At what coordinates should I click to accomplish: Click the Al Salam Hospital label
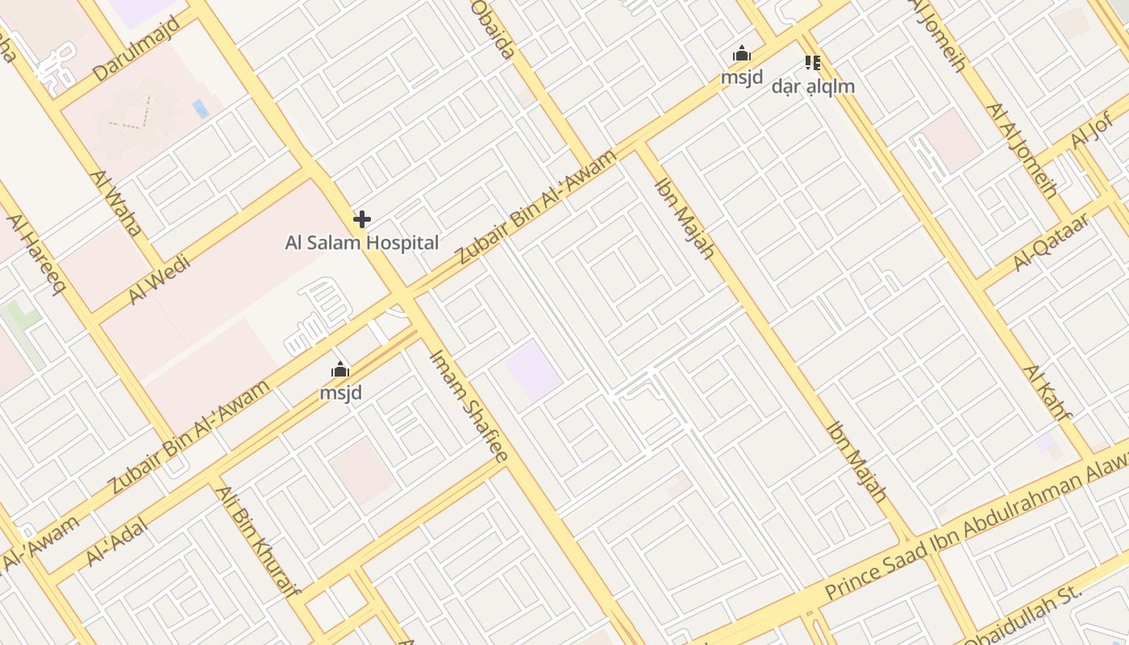click(x=362, y=243)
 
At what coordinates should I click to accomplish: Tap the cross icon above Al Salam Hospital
click(x=362, y=218)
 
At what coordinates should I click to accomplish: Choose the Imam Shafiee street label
click(x=469, y=405)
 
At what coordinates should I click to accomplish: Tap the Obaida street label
click(x=493, y=29)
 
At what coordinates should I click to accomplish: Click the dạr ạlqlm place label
click(x=813, y=86)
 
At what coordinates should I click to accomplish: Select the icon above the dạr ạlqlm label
click(x=813, y=62)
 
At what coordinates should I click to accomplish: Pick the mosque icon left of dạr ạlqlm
click(x=742, y=55)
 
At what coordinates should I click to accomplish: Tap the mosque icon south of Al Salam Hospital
click(x=340, y=370)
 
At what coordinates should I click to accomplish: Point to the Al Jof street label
click(x=1093, y=130)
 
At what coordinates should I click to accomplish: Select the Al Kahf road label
click(x=1048, y=393)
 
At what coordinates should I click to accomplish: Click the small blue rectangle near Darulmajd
click(x=201, y=109)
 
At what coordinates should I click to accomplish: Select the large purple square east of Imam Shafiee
click(x=534, y=371)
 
